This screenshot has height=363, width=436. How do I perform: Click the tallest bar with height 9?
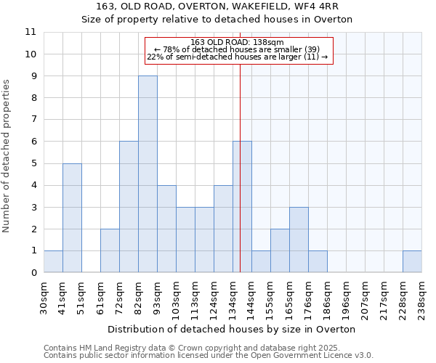(x=148, y=174)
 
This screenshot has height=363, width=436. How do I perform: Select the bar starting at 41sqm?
(x=72, y=218)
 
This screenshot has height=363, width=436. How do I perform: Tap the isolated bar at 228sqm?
(x=412, y=261)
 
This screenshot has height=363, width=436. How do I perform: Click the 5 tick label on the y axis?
(x=33, y=163)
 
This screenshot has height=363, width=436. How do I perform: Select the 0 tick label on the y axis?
(x=33, y=273)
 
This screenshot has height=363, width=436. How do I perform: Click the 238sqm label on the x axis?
(x=421, y=298)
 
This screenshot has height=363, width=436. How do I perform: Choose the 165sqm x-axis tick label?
(x=290, y=298)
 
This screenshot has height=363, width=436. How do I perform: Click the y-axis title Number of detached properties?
(x=7, y=156)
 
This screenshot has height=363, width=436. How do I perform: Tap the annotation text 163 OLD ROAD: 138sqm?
(x=238, y=42)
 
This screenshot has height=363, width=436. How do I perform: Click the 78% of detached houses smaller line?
(x=238, y=49)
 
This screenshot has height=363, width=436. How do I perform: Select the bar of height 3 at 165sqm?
(x=299, y=240)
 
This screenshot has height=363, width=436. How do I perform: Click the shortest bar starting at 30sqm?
(x=53, y=261)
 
